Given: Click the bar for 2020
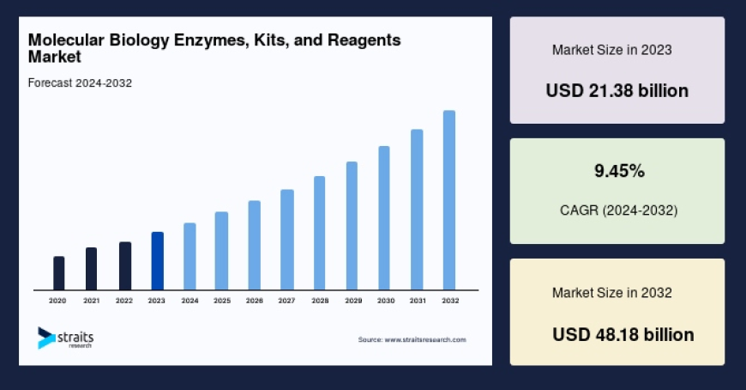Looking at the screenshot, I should pos(58,273).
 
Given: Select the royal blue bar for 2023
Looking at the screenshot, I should pos(157,261).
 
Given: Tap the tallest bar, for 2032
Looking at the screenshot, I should pos(448,200).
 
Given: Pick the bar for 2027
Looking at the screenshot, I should pos(287,240).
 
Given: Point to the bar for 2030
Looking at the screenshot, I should pos(384,218).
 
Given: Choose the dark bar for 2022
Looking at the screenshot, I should pos(124,266).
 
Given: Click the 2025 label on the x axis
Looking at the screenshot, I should pos(222,302).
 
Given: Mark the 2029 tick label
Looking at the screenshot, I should pos(352,302).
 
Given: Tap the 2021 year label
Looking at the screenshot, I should pos(91,302).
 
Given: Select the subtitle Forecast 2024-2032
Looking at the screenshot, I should pos(79,82).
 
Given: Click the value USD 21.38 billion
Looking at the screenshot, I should pos(617,90).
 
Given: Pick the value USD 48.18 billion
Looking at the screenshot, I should pos(623,333).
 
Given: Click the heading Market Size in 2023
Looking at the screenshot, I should pos(611,50).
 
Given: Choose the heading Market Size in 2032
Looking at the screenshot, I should pos(611,293).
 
